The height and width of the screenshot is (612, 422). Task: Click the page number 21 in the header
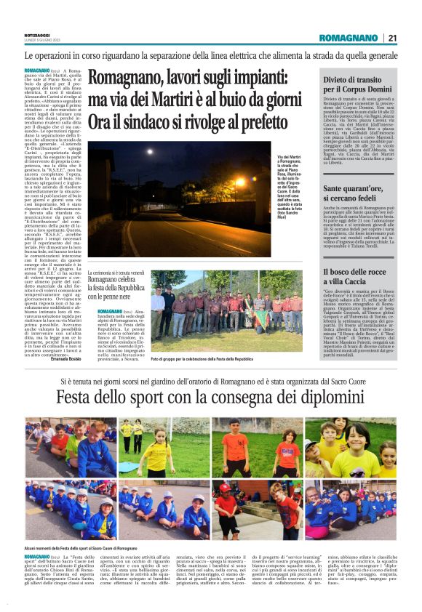point(392,38)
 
